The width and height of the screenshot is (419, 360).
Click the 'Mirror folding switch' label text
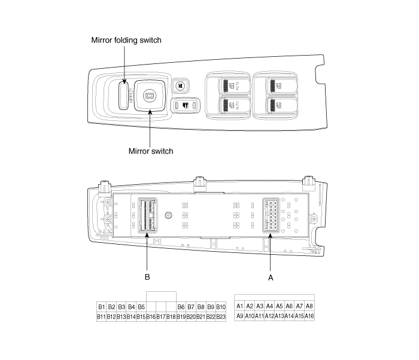tap(126, 40)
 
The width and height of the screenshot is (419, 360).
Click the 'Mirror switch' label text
tap(151, 151)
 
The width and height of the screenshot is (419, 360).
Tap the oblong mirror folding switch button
tap(123, 95)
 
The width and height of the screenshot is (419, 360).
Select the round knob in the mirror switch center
tap(149, 96)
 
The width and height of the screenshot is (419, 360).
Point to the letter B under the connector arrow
tap(147, 277)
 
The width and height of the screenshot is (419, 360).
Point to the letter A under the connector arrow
tap(271, 277)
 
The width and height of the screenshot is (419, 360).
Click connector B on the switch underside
tap(147, 215)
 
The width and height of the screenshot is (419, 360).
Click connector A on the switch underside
tap(271, 215)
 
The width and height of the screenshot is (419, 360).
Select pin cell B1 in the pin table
tap(102, 307)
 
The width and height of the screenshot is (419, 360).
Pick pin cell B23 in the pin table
tap(221, 317)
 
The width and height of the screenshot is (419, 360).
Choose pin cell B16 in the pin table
tap(151, 317)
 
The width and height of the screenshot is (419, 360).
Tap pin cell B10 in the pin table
tap(221, 307)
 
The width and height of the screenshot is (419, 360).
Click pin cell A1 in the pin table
tap(239, 306)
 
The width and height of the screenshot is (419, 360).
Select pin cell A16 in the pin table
tap(309, 316)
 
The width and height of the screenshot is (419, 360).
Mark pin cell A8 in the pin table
tap(309, 306)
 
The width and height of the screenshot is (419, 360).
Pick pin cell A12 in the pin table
tap(269, 316)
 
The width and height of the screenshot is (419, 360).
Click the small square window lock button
tap(180, 86)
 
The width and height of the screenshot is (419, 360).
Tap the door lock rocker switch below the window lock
tap(186, 105)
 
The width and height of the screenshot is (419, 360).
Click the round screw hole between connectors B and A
tap(169, 215)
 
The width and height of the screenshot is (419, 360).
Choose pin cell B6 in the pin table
tap(181, 307)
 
